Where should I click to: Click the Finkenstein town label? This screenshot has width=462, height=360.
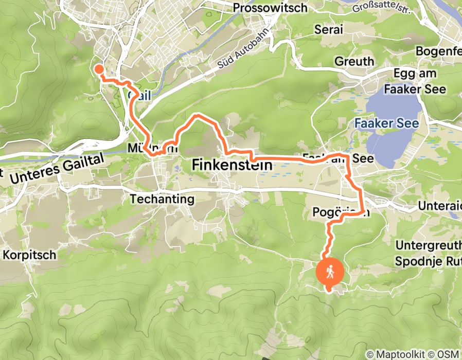tap(232, 165)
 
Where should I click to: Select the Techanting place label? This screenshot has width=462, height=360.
tap(162, 199)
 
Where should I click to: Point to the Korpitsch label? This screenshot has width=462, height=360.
tap(30, 255)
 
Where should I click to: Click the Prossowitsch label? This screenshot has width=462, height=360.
tap(277, 8)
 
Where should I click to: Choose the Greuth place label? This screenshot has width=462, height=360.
tap(354, 61)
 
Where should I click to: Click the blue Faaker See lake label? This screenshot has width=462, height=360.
tap(386, 123)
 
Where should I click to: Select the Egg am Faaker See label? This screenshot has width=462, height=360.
tap(418, 81)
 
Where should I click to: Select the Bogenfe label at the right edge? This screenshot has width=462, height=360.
tap(438, 51)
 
